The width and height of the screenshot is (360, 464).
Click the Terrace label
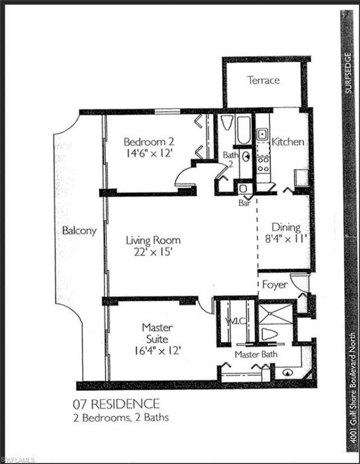point(263,80)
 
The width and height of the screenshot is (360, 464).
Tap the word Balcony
point(79,231)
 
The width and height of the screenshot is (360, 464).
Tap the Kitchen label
point(288,142)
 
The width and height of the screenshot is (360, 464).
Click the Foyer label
point(275,285)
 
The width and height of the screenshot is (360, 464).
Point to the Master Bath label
point(255,354)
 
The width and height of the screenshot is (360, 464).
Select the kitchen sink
point(262,134)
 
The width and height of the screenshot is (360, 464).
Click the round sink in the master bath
point(287,372)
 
